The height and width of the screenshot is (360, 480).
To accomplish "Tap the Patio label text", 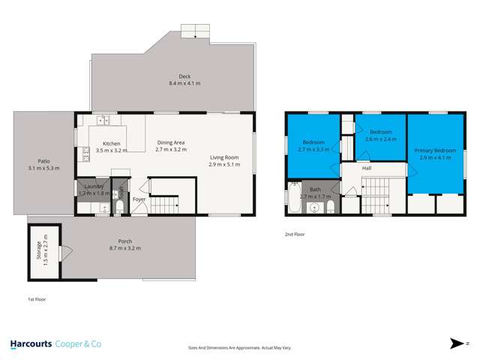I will click(x=43, y=160).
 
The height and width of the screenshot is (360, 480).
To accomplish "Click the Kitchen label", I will click(x=111, y=143).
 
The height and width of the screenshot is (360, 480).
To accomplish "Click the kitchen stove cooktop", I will click(x=85, y=154).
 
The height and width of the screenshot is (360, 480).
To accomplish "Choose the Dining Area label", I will click(x=170, y=142).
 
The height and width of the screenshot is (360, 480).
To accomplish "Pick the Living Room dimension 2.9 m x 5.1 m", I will click(x=224, y=163).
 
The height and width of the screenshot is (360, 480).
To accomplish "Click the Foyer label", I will click(x=139, y=199).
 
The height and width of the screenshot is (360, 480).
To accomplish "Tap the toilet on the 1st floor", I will click(x=121, y=207).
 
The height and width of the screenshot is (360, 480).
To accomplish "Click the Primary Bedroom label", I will click(x=435, y=151).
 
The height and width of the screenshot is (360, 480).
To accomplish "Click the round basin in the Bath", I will click(x=316, y=208).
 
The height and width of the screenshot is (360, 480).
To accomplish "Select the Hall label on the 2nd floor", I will click(x=367, y=168).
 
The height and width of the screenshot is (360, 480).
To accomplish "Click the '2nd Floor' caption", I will click(x=294, y=235).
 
